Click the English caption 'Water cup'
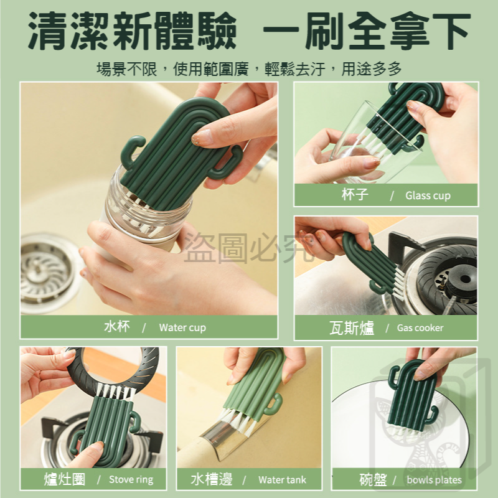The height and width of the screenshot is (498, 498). pyautogui.click(x=182, y=327)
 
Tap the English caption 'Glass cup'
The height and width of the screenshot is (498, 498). pyautogui.click(x=428, y=195)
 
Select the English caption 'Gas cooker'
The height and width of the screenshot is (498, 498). pyautogui.click(x=420, y=327)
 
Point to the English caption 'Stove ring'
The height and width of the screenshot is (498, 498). pyautogui.click(x=131, y=479)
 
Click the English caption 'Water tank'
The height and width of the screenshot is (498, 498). pyautogui.click(x=283, y=479)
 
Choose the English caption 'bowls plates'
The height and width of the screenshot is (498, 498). pyautogui.click(x=434, y=479)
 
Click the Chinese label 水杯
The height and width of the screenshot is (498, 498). pyautogui.click(x=117, y=326)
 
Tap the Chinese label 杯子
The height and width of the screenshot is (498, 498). pyautogui.click(x=355, y=194)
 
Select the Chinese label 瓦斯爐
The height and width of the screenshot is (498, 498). pyautogui.click(x=352, y=328)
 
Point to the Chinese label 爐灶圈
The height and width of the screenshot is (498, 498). pyautogui.click(x=65, y=479)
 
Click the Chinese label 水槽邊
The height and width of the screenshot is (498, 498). pyautogui.click(x=212, y=479)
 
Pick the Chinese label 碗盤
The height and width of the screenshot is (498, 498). pyautogui.click(x=373, y=479)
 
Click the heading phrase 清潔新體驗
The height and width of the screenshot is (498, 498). pyautogui.click(x=132, y=31)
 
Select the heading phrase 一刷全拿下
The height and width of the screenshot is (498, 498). pyautogui.click(x=367, y=31)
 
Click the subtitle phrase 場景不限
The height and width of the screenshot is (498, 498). pyautogui.click(x=127, y=69)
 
